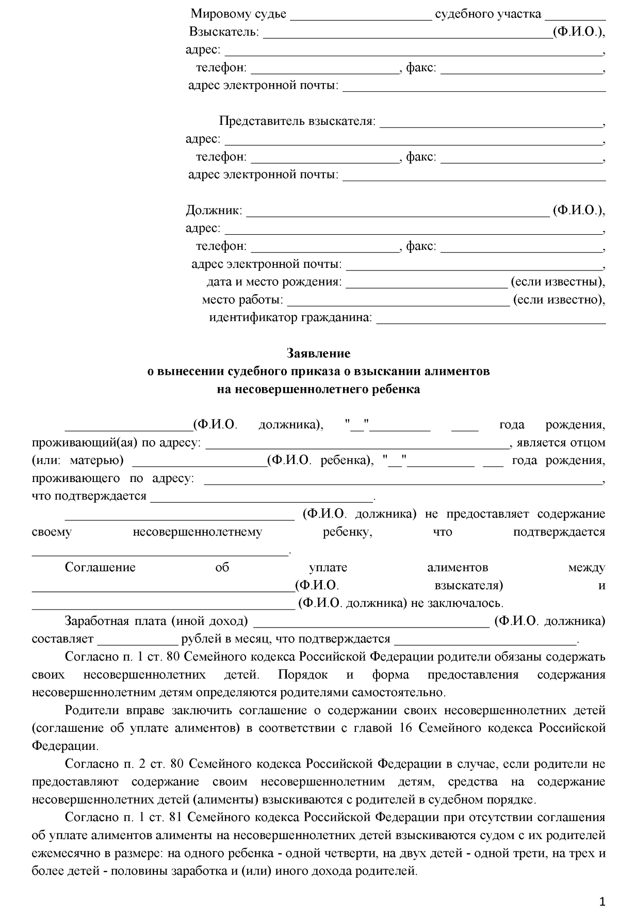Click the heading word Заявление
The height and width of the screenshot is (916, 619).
pos(318,353)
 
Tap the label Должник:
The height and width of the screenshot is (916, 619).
pos(214,211)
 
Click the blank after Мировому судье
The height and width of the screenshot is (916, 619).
pos(361,15)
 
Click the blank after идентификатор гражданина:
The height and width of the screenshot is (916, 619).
pos(491,319)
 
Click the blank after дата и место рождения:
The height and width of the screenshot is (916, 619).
pos(427,283)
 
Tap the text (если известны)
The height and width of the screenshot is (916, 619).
pos(557,282)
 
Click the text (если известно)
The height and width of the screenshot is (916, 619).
pos(558,300)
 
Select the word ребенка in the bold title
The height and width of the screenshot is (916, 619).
pos(396,389)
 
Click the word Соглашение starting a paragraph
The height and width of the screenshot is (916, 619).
pos(100,568)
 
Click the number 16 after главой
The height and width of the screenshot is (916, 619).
pos(406,728)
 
